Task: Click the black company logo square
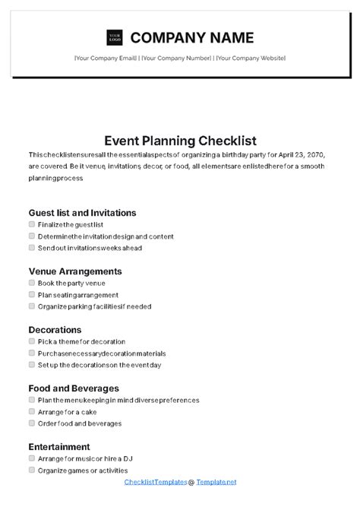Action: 115,37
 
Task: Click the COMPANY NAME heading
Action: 192,37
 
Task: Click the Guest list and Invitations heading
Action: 82,213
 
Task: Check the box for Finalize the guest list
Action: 31,225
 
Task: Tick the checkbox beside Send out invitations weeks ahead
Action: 31,248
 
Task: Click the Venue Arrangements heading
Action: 75,271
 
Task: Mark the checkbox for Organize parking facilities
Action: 31,306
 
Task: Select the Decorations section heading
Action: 55,330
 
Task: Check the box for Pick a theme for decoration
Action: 31,342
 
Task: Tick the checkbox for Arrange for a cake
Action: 31,412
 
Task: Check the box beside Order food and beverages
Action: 31,423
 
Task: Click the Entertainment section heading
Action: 59,447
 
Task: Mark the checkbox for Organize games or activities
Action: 31,470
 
